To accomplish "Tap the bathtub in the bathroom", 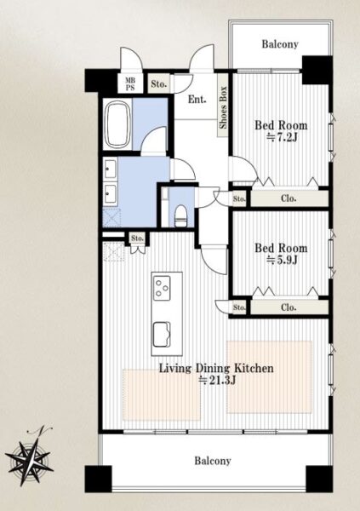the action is click(117, 123).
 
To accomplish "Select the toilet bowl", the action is click(180, 215).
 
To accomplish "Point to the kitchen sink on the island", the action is click(162, 334).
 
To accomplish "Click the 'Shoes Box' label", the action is click(223, 107).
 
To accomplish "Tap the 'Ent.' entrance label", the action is click(197, 99).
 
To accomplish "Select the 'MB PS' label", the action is click(130, 83).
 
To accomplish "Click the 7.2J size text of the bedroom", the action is click(282, 137).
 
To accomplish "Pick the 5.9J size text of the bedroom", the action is click(282, 260).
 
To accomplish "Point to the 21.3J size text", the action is click(217, 380).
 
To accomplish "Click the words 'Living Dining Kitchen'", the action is click(216, 368).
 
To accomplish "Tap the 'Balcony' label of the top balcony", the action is click(280, 44).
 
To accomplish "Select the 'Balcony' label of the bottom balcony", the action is click(213, 461).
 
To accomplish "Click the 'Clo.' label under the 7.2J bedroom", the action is click(289, 198).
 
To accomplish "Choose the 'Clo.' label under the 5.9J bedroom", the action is click(289, 307).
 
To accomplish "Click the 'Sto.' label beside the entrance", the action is click(158, 83).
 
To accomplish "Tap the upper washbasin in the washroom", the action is click(110, 168).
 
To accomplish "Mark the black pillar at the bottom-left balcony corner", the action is click(98, 479).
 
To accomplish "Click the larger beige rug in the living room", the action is click(270, 377).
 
